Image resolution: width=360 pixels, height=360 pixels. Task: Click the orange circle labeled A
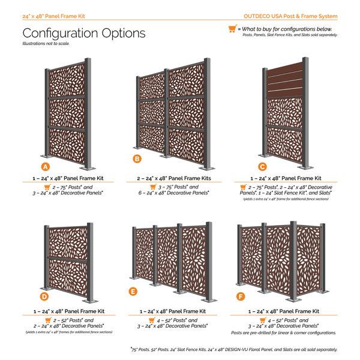[44, 165]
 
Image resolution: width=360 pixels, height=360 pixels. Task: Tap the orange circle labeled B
[137, 159]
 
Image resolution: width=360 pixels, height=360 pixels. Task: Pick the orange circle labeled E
[133, 292]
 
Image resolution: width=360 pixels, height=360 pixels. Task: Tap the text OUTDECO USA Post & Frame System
[299, 16]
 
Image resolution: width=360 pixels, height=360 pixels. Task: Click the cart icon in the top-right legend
[232, 28]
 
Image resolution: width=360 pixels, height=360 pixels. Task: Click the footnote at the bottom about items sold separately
[233, 349]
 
